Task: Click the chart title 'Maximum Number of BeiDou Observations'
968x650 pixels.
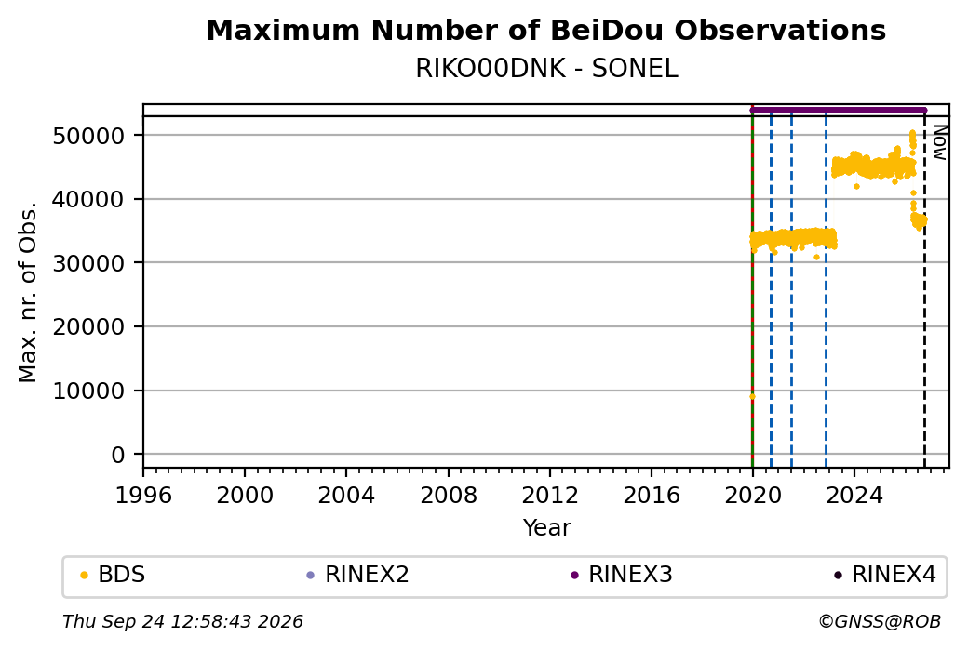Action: [545, 30]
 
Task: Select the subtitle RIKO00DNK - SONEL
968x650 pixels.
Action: [546, 69]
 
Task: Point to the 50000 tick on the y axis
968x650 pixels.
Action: [89, 136]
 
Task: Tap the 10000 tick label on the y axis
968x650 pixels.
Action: [89, 391]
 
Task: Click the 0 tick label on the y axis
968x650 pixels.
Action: [118, 455]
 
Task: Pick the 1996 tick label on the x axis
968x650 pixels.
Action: [143, 496]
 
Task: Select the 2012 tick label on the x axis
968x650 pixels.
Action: [549, 496]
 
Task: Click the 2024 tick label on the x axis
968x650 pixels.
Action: [854, 496]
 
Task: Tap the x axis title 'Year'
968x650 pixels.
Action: [547, 528]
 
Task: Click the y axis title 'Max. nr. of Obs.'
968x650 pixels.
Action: [28, 292]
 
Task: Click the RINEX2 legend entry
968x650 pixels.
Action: [358, 575]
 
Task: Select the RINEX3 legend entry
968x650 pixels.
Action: [622, 575]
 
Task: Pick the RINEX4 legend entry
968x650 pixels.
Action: [884, 575]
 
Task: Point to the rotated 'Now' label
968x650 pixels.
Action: [939, 142]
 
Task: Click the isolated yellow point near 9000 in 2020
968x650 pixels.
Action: [752, 396]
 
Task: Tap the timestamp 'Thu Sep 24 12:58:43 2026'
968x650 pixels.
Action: [182, 621]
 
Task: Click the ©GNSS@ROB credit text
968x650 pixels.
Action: [880, 621]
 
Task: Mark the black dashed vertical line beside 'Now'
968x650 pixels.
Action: [924, 292]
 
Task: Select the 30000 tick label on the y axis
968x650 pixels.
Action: [89, 263]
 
